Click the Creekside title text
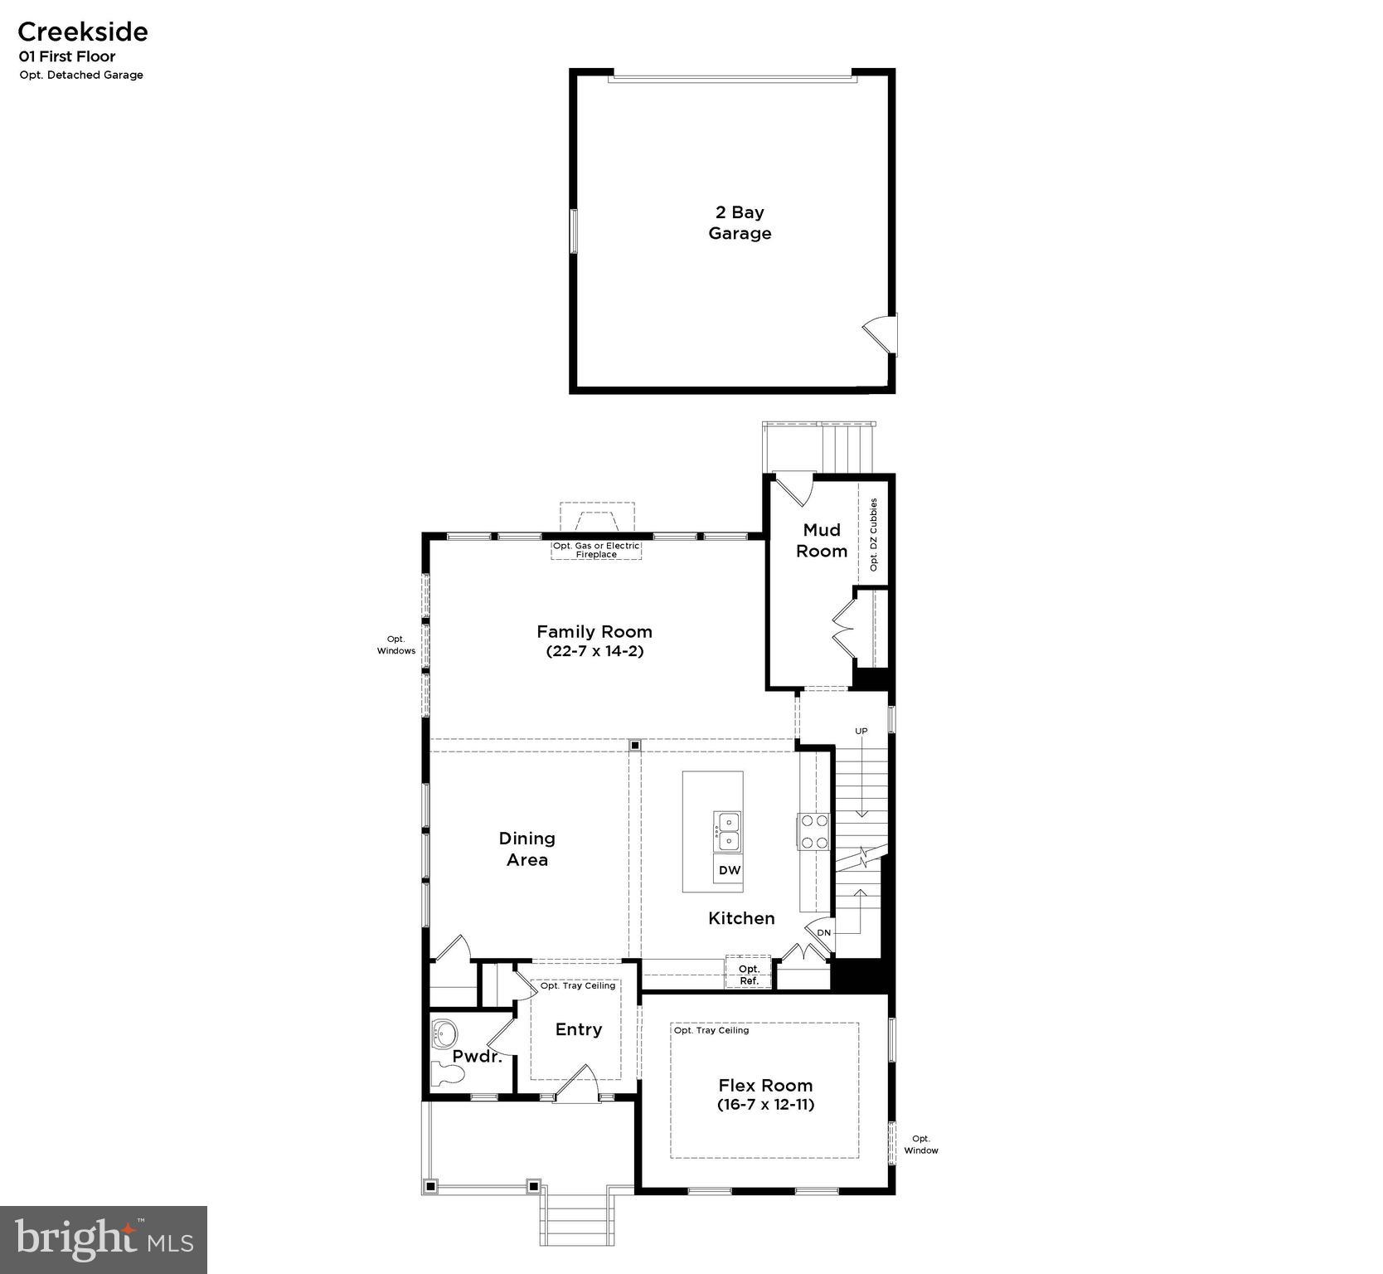point(82,32)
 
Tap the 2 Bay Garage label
point(740,222)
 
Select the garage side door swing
point(879,334)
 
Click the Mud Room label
point(822,540)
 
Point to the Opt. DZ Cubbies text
point(873,534)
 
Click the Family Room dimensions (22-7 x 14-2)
point(594,651)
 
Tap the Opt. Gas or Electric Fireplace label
point(596,550)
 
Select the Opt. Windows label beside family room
point(396,644)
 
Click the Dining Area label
point(527,849)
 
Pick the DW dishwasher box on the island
point(729,870)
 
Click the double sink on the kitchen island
point(727,831)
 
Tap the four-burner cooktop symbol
point(813,831)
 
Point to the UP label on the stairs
point(861,731)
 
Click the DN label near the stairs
point(823,932)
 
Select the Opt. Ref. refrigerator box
point(749,975)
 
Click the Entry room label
point(578,1029)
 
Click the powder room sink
point(445,1033)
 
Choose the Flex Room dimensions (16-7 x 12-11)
point(764,1105)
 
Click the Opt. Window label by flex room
point(920,1145)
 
